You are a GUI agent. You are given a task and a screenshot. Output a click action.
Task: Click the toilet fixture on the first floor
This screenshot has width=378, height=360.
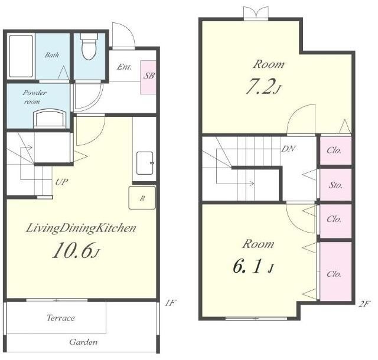(x=89, y=46)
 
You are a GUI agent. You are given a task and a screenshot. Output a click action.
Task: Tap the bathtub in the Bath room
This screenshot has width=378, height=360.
(x=21, y=56)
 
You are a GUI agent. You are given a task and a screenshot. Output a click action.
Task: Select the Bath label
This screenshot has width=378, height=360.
(x=52, y=55)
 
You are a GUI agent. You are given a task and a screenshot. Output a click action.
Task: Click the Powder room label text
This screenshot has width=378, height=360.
(x=34, y=97)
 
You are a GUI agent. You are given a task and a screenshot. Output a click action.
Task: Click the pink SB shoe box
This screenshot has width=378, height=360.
(x=148, y=77)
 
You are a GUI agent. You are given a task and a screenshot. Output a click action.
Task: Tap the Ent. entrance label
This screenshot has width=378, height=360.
(x=125, y=67)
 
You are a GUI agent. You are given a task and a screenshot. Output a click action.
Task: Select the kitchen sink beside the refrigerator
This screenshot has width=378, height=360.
(x=145, y=163)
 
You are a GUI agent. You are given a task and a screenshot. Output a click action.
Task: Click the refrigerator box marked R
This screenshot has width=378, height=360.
(x=142, y=198)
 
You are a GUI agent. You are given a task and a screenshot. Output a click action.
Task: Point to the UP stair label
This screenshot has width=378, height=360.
(x=61, y=182)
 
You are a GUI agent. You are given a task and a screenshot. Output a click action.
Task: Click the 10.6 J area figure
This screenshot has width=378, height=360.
(x=76, y=250)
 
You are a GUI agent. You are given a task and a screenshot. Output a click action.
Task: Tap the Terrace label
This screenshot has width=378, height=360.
(x=61, y=318)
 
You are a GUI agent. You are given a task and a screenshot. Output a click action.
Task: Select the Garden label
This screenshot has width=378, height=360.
(x=83, y=342)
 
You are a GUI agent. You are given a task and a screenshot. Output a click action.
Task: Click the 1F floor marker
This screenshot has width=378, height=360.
(x=171, y=302)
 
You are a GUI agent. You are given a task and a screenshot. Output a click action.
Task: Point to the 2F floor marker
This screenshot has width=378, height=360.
(x=364, y=304)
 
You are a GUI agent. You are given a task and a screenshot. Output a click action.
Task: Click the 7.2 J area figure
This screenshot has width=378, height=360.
(x=263, y=87)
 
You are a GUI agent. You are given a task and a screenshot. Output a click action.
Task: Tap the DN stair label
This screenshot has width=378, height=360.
(x=289, y=149)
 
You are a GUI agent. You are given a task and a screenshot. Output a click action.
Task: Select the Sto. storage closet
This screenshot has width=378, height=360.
(x=335, y=185)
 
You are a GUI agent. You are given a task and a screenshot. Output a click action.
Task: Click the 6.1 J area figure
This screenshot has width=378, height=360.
(x=253, y=266)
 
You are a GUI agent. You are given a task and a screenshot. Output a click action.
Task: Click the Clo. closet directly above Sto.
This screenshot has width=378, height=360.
(x=335, y=150)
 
